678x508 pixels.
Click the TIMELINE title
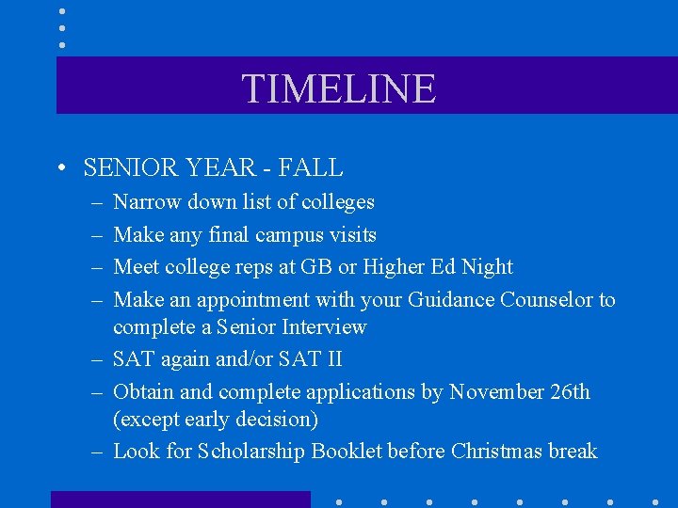pyautogui.click(x=339, y=88)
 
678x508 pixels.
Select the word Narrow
pyautogui.click(x=147, y=202)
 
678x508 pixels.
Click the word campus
pyautogui.click(x=284, y=235)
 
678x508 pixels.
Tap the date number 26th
pyautogui.click(x=569, y=392)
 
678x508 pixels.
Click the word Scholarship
pyautogui.click(x=250, y=452)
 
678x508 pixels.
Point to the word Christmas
pyautogui.click(x=494, y=452)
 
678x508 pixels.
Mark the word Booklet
pyautogui.click(x=347, y=452)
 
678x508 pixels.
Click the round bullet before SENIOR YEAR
pyautogui.click(x=61, y=169)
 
